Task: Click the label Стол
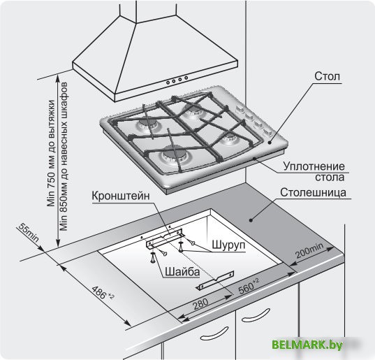pos(327,76)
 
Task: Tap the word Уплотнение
pos(314,166)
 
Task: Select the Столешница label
pos(313,192)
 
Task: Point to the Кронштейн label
pos(121,196)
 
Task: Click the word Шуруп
pos(228,245)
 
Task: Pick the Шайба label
pos(182,272)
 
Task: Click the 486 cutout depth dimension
pos(103,293)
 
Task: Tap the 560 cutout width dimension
pos(249,286)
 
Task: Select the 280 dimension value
pos(200,304)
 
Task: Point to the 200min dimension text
pos(309,250)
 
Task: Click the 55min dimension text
pos(28,232)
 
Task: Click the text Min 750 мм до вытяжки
pos(51,153)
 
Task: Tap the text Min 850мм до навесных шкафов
pos(64,157)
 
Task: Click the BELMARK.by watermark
pos(307,345)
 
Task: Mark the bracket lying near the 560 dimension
pos(215,280)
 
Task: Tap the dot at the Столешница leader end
pos(251,220)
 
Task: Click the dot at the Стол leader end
pos(270,143)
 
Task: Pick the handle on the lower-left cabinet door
pos(214,333)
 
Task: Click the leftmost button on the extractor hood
pos(168,82)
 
